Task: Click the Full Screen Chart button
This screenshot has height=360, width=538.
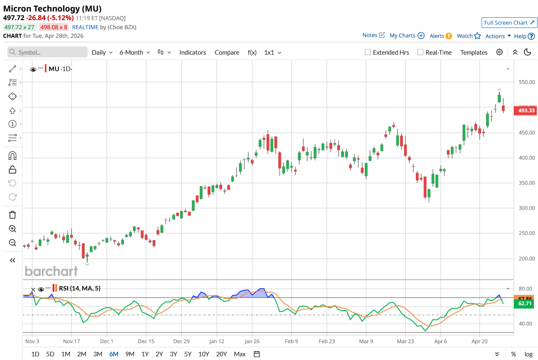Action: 509,23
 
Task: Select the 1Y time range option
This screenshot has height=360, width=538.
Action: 145,354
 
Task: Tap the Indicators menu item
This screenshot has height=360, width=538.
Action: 192,52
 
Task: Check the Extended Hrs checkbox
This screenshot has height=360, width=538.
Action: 368,52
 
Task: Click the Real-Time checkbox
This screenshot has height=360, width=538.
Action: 420,52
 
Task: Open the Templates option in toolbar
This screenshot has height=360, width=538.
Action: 474,52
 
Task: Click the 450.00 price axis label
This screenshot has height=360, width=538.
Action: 526,133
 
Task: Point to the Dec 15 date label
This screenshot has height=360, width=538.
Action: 146,341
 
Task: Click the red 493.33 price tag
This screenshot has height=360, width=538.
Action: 526,110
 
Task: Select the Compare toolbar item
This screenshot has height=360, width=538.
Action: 227,52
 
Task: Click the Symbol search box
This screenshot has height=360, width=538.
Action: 48,52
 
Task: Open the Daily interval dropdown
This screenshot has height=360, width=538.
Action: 102,52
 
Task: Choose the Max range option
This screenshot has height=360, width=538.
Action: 239,354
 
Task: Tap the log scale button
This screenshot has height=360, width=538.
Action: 528,354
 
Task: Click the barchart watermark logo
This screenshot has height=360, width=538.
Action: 51,271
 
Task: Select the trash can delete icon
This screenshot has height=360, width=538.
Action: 12,215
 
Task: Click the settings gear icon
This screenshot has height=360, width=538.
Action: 499,52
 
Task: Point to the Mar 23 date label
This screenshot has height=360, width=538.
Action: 405,341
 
